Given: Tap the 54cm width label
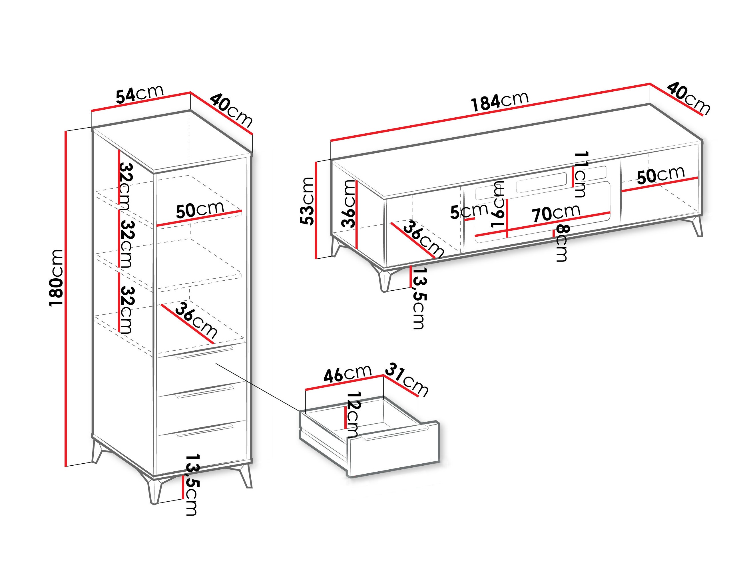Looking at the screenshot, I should click(140, 94).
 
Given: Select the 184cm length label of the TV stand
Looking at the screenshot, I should click(499, 101).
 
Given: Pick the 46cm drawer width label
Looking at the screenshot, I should click(347, 374).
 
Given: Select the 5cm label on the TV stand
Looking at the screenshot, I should click(469, 212).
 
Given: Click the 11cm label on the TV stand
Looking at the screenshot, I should click(580, 174).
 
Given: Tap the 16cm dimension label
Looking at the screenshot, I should click(498, 204).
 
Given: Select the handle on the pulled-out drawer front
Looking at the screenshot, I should click(395, 434).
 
